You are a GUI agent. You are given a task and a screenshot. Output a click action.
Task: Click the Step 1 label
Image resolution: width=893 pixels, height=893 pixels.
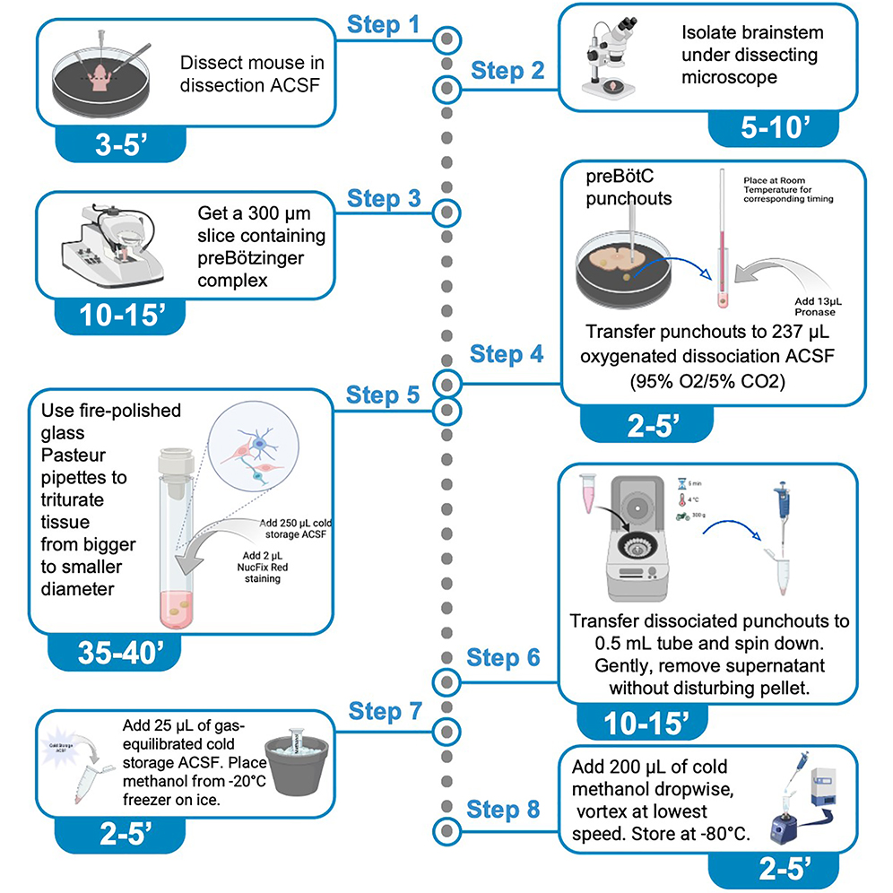pyautogui.click(x=383, y=24)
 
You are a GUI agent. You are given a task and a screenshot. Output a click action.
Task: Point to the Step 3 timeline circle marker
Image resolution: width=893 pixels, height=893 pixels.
pyautogui.click(x=445, y=212)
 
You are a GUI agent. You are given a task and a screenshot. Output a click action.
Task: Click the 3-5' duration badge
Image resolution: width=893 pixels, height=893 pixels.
pyautogui.click(x=122, y=143)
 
